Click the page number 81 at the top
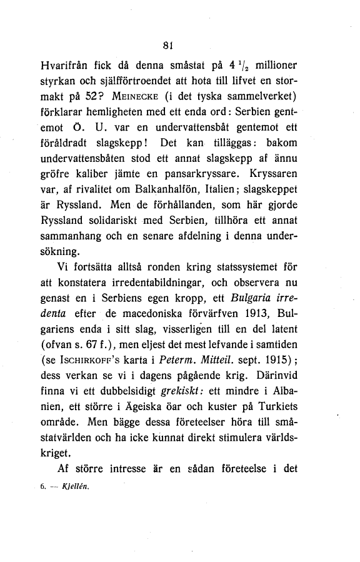pyautogui.click(x=166, y=44)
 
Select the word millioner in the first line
pyautogui.click(x=285, y=65)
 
